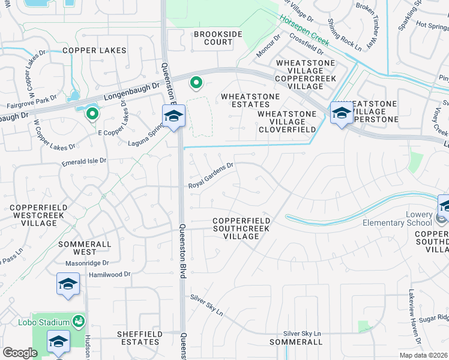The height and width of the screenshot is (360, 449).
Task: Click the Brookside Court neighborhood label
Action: (x=213, y=38)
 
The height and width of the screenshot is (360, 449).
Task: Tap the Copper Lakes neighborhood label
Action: (x=94, y=50)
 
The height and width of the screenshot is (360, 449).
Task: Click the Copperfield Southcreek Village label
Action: (x=242, y=229)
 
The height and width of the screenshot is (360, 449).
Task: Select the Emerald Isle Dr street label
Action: (x=83, y=161)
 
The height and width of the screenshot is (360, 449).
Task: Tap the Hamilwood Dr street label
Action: (x=109, y=274)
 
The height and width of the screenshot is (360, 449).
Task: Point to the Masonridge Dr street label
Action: (x=88, y=263)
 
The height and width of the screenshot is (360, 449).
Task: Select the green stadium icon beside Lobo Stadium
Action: (x=78, y=322)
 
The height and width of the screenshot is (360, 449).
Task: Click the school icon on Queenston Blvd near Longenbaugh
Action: (x=173, y=116)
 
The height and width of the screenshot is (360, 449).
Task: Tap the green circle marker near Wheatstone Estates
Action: (x=195, y=82)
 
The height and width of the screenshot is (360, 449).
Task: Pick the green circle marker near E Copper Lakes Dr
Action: (x=92, y=113)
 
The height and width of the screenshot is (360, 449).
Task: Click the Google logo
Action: (x=20, y=353)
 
